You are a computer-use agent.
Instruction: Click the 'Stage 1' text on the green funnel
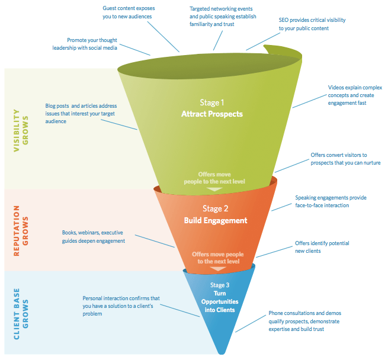click(212, 101)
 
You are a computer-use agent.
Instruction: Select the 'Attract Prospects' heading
click(212, 114)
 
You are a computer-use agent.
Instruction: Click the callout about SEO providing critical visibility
click(312, 24)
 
